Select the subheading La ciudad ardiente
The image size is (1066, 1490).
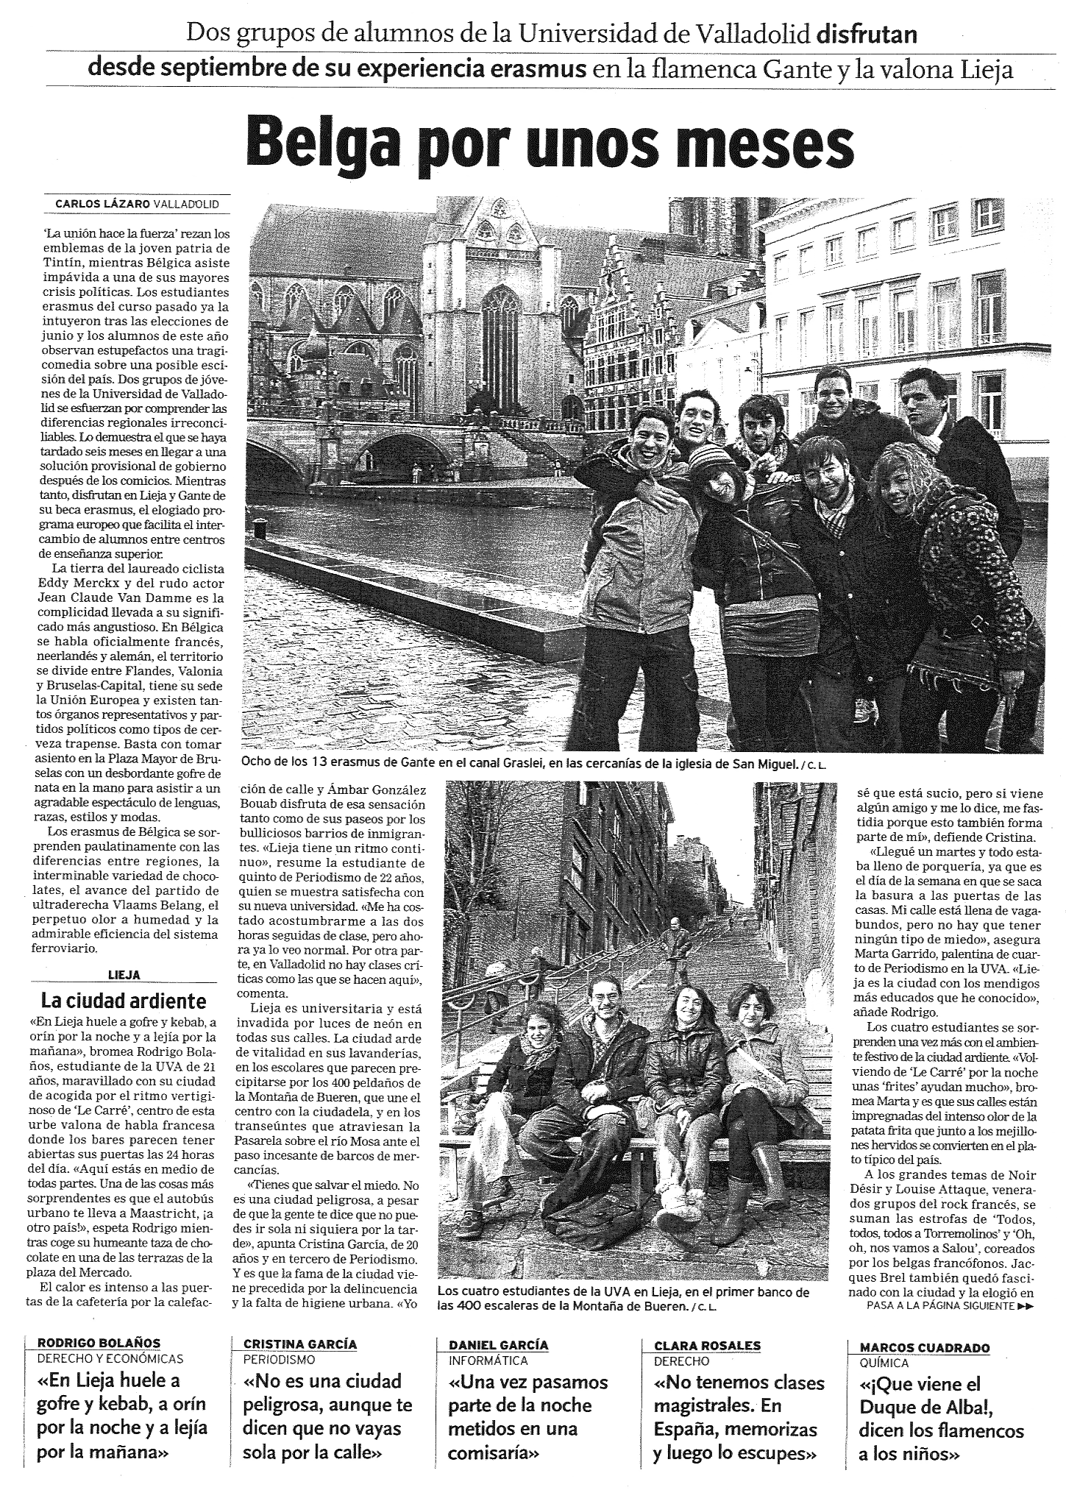[x=124, y=1001]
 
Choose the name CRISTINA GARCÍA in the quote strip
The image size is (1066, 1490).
[x=300, y=1344]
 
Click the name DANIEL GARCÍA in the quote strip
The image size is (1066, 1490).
[x=499, y=1344]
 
